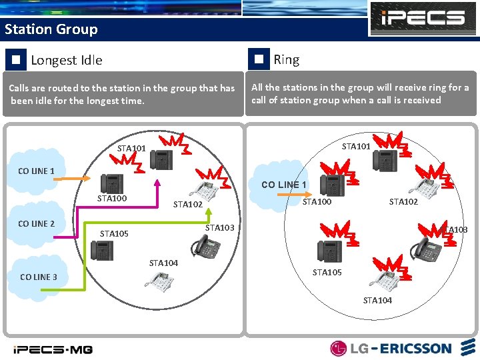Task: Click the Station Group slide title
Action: [51, 29]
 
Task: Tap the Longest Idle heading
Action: [67, 60]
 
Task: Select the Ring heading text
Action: [286, 59]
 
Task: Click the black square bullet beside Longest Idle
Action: [15, 60]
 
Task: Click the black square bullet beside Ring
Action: [259, 59]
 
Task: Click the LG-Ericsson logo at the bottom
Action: [391, 348]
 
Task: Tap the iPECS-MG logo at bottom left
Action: [53, 349]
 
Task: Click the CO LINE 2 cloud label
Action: [37, 223]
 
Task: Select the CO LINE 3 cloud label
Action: [39, 277]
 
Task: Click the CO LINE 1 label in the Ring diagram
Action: [284, 185]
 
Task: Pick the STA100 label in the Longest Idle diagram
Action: [111, 199]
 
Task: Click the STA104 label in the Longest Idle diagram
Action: [163, 263]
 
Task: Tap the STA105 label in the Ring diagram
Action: [327, 272]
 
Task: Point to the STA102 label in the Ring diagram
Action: [403, 201]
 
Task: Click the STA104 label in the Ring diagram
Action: [377, 300]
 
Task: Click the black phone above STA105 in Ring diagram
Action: [329, 251]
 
